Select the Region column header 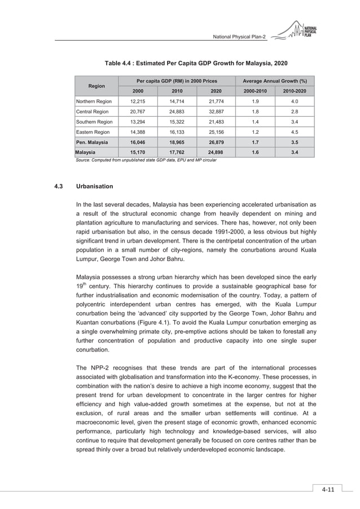96,86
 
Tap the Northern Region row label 94,102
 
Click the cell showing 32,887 216,112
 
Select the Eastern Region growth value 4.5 295,132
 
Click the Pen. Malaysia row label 93,142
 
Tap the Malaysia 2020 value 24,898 216,152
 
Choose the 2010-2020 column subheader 295,91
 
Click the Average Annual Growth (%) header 275,81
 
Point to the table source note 146,161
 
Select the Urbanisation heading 94,186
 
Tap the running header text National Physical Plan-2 239,37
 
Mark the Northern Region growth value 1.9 256,102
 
